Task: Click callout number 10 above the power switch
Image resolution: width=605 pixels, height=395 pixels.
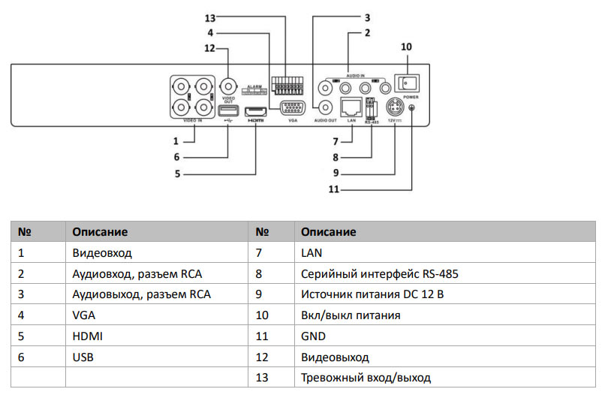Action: pos(406,47)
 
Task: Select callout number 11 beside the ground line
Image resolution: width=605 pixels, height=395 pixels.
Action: pos(335,190)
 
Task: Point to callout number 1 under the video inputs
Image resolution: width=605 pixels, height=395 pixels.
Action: pos(176,140)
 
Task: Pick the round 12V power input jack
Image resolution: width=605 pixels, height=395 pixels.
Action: pos(395,107)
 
